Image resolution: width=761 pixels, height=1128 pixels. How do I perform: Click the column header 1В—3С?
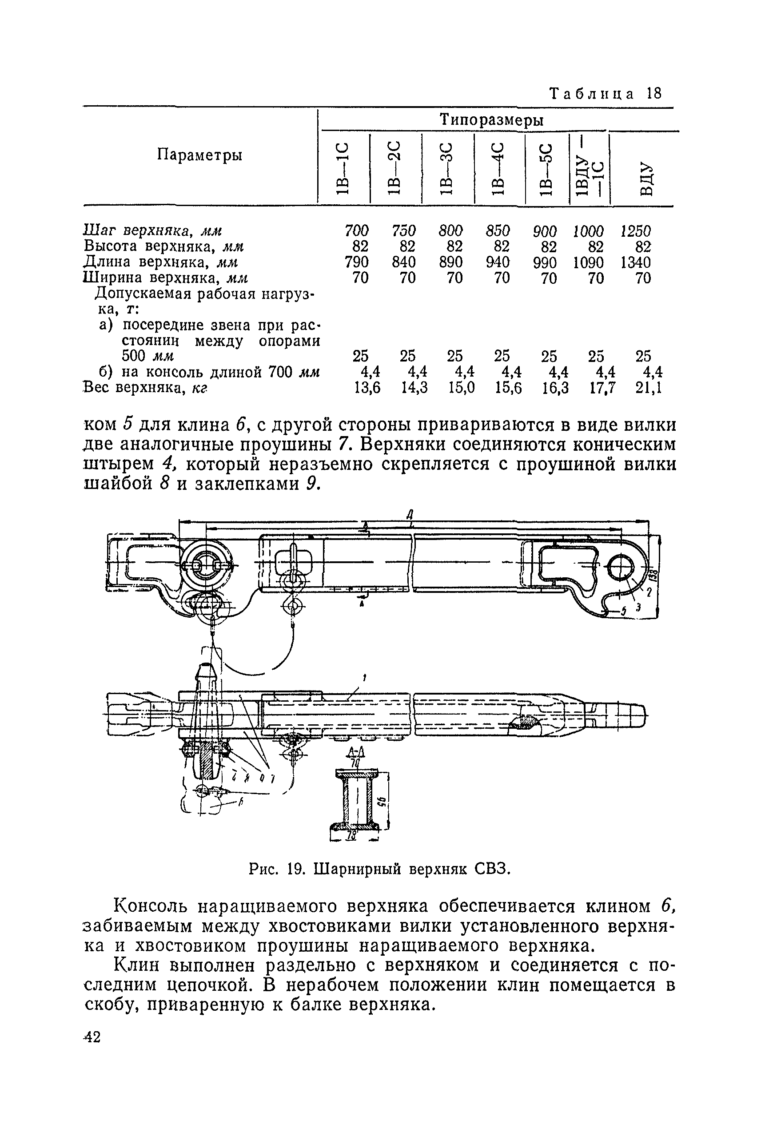(x=446, y=168)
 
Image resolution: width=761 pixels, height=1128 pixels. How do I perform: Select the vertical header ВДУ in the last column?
(x=645, y=178)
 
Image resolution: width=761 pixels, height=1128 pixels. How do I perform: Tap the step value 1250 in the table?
(x=635, y=230)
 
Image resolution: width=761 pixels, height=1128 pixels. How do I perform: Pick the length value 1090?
(x=588, y=262)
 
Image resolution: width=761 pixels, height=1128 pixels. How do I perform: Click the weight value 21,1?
(x=649, y=388)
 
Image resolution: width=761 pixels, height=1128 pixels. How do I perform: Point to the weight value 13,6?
(x=367, y=388)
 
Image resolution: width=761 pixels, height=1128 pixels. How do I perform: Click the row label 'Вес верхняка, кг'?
(x=146, y=388)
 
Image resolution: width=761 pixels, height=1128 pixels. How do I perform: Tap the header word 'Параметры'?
(x=199, y=155)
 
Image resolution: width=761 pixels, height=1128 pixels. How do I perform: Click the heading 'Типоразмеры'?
(x=491, y=119)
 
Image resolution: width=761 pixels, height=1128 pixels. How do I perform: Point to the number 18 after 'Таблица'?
(x=654, y=93)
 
